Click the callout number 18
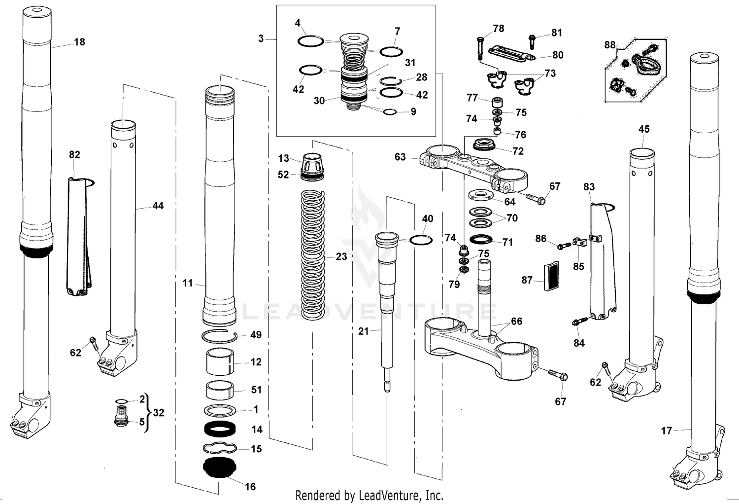tap(79, 42)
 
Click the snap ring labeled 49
tap(220, 336)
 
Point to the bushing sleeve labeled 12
tap(219, 363)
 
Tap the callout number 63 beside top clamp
tap(400, 157)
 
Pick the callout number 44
tap(158, 206)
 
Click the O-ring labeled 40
tap(421, 240)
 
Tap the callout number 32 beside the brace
tap(158, 413)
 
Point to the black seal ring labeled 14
tap(220, 430)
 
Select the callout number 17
tap(666, 431)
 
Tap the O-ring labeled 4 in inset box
tap(310, 41)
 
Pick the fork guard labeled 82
tap(78, 237)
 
